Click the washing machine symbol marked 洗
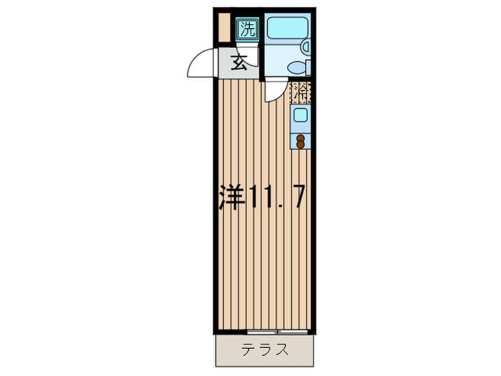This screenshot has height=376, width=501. click(x=247, y=29)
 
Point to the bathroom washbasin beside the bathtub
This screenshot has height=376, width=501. click(x=306, y=47)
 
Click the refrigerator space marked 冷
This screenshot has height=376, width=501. click(x=301, y=92)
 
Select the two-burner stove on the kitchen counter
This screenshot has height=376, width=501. click(x=301, y=140)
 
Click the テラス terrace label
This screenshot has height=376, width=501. click(x=265, y=350)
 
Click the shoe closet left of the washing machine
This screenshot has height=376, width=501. click(x=225, y=28)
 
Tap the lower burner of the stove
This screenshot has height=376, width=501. click(x=301, y=143)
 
